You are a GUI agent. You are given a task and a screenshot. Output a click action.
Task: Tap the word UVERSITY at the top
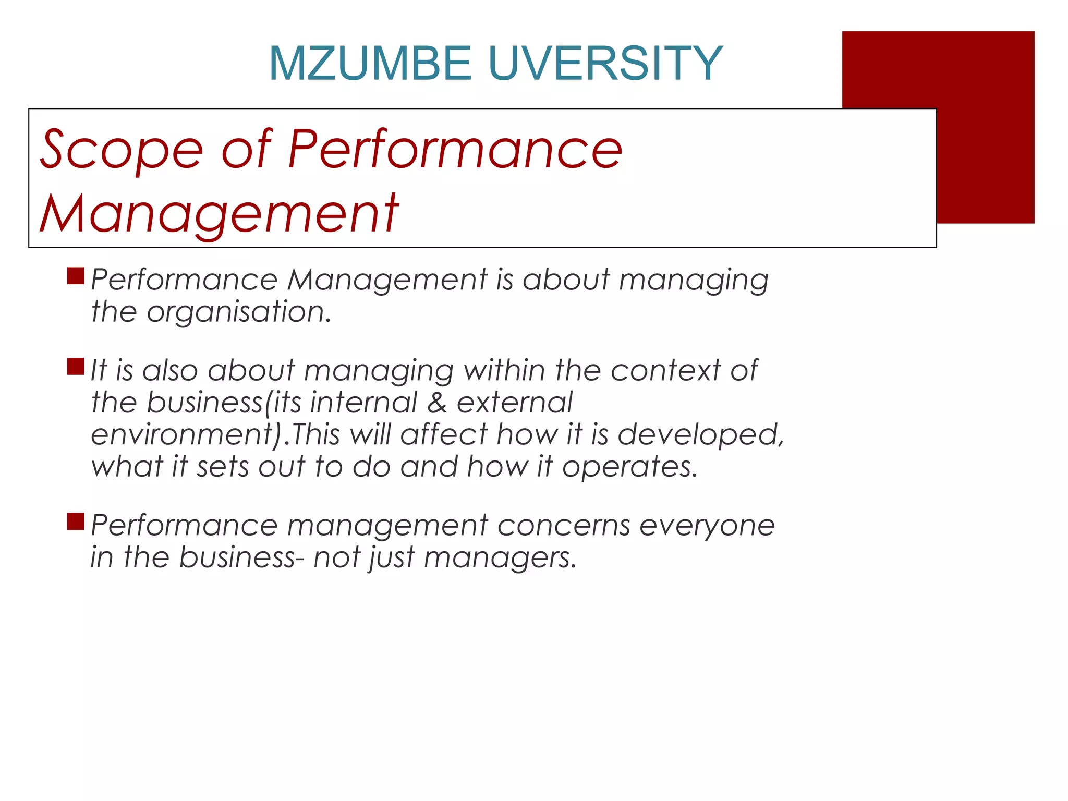tap(606, 64)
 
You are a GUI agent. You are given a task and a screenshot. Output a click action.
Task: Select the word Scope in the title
tap(121, 150)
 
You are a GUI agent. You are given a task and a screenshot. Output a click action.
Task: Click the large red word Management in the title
tap(219, 214)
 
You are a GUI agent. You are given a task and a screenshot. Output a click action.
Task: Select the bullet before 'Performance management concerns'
tap(76, 521)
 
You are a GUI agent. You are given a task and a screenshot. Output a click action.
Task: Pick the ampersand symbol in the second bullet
tap(436, 403)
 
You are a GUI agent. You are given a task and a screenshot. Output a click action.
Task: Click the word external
tap(515, 403)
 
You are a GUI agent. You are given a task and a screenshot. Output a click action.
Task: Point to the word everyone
tap(707, 526)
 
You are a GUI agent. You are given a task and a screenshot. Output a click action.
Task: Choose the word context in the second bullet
tap(665, 371)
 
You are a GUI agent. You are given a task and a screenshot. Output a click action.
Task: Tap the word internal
tap(364, 403)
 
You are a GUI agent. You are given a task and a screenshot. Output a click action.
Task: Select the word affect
tap(444, 434)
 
